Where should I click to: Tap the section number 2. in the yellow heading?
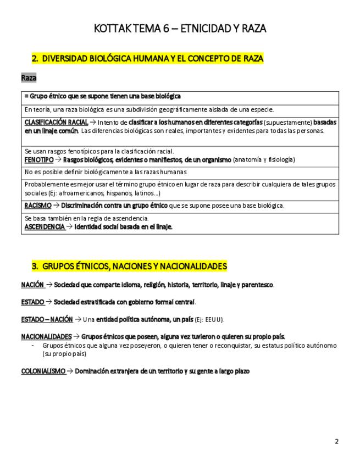pos(35,58)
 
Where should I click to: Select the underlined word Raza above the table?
pos(29,78)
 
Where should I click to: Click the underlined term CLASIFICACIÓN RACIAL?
pos(56,122)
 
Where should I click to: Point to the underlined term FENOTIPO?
pos(39,159)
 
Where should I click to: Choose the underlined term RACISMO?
pos(38,205)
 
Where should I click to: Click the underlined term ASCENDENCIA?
pos(45,226)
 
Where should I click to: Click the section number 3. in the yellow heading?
pos(35,266)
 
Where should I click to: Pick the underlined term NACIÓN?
pos(32,285)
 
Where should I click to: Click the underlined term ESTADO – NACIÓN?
pos(47,319)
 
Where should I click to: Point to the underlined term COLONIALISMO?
pos(43,371)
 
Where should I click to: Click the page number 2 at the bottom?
pos(336,441)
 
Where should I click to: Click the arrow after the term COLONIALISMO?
pos(70,371)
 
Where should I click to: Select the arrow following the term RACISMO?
pos(57,205)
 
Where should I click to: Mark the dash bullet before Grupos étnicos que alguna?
pos(33,346)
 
